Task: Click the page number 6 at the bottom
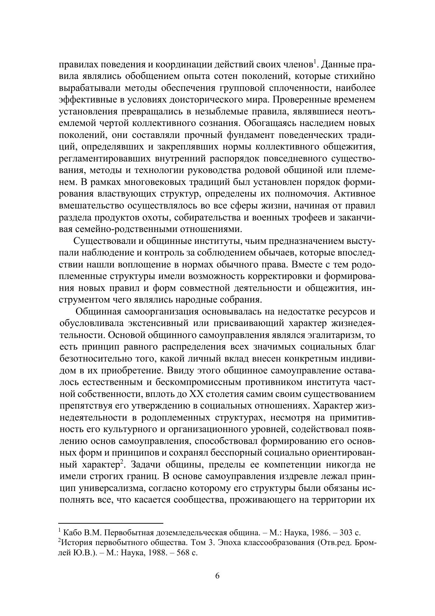tap(217, 576)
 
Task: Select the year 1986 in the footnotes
tap(321, 532)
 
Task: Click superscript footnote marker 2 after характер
tap(122, 462)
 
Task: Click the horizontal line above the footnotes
tap(111, 523)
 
